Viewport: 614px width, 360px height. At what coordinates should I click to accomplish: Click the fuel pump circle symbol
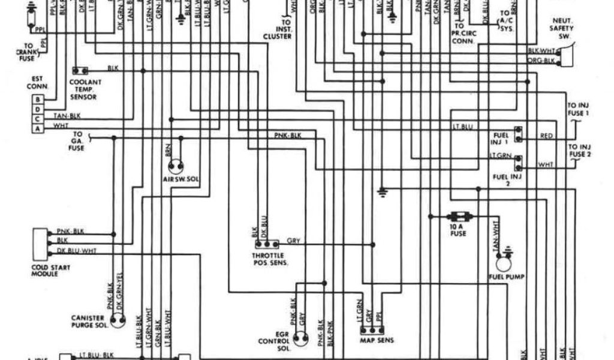point(503,261)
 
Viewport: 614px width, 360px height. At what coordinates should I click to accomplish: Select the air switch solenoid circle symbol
point(176,167)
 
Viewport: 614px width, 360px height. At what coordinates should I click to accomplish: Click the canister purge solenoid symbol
point(117,320)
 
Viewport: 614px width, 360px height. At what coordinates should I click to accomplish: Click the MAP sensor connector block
point(372,329)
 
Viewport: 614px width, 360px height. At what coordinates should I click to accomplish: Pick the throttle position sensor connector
point(266,244)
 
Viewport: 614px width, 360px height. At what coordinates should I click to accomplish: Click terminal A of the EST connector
point(38,128)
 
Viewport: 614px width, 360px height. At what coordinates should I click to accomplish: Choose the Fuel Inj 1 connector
point(517,134)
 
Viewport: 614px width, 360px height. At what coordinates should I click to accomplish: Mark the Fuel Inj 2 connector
point(517,162)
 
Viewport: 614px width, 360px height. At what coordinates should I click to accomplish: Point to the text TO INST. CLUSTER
point(276,32)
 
